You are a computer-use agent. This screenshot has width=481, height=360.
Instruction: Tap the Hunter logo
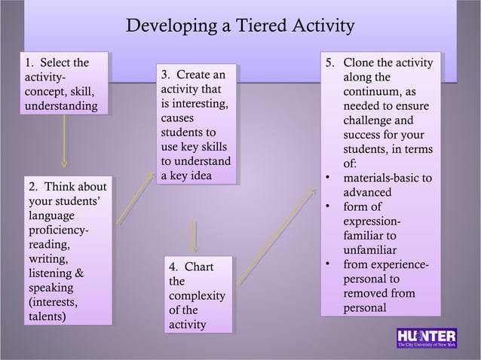click(426, 338)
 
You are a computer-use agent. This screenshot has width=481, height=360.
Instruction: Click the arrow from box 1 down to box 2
click(64, 142)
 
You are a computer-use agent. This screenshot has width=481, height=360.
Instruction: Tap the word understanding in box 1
click(60, 106)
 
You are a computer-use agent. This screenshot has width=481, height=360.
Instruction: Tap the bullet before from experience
click(326, 264)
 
